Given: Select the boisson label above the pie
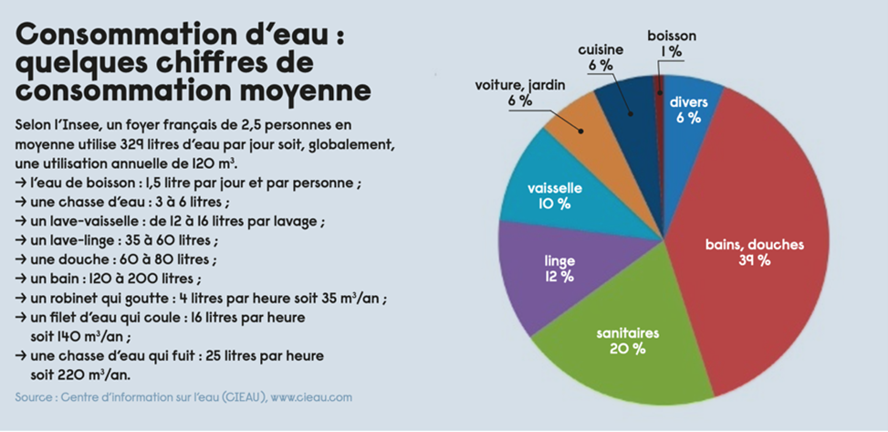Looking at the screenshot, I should click(x=672, y=36).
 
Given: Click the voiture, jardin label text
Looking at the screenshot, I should click(x=519, y=85).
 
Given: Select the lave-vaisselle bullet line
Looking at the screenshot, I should click(x=170, y=221).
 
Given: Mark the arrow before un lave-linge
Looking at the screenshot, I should click(x=22, y=241).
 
